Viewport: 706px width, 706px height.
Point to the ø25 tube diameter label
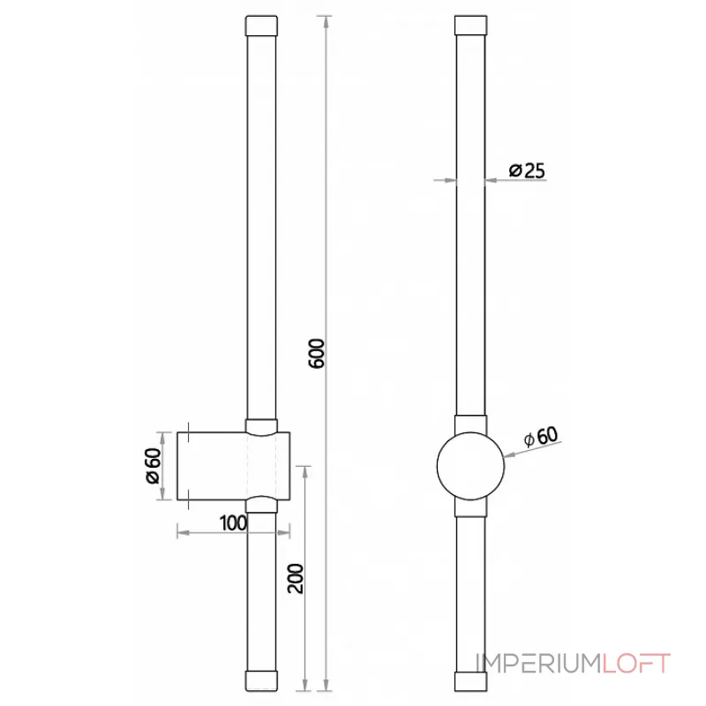tap(527, 170)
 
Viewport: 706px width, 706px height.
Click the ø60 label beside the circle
tap(540, 437)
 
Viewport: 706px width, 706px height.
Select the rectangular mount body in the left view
tap(212, 467)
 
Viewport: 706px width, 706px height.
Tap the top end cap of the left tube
tap(261, 25)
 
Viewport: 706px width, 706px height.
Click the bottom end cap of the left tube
tap(261, 680)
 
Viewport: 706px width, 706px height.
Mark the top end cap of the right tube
tap(470, 25)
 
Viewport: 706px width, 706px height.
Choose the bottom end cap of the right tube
tap(470, 680)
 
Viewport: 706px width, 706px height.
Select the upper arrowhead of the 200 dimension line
tap(305, 469)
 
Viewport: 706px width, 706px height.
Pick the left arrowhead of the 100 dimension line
tap(182, 531)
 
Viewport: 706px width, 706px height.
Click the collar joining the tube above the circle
tap(470, 424)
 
